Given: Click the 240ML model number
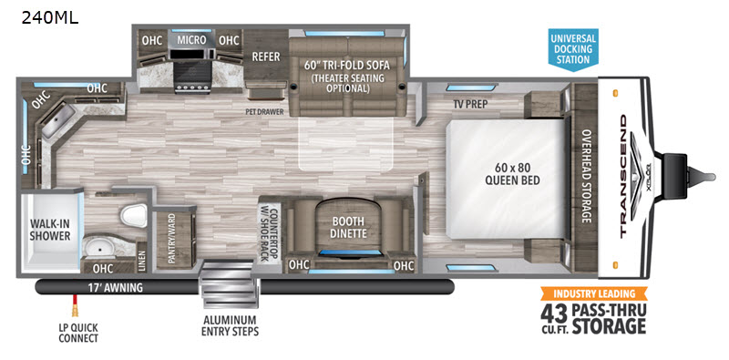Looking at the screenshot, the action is pyautogui.click(x=50, y=17).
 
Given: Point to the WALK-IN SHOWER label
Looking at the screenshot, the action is pyautogui.click(x=50, y=229).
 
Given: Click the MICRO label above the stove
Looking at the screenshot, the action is pyautogui.click(x=191, y=40).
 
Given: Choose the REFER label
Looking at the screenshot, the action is pyautogui.click(x=266, y=57).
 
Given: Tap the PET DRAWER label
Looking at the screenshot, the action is pyautogui.click(x=265, y=111).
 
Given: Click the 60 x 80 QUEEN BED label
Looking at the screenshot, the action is pyautogui.click(x=512, y=173).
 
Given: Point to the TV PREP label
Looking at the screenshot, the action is pyautogui.click(x=470, y=105).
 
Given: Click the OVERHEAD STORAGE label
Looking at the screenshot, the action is pyautogui.click(x=585, y=176).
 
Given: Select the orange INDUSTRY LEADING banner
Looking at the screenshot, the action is pyautogui.click(x=594, y=293).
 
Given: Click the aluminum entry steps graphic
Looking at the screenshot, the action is pyautogui.click(x=226, y=283).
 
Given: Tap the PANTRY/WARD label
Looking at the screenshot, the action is pyautogui.click(x=171, y=239).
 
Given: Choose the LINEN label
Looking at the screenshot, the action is pyautogui.click(x=141, y=261).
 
